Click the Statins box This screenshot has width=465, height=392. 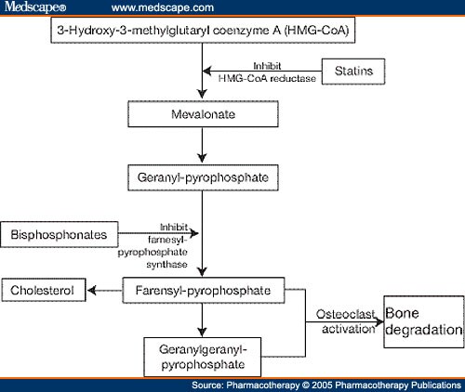tap(353, 72)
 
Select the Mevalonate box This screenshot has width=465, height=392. tap(203, 114)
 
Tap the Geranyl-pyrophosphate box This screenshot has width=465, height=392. tap(203, 177)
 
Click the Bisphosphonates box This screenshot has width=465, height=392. tap(60, 234)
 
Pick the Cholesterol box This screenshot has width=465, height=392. tap(44, 290)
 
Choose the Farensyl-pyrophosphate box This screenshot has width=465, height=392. tap(204, 290)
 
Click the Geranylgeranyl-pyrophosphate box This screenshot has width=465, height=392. tap(203, 357)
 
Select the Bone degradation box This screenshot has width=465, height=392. tap(424, 321)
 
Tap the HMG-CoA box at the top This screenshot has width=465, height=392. tap(203, 30)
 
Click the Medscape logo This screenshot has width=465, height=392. tap(35, 7)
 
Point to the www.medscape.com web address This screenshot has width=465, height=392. tap(163, 7)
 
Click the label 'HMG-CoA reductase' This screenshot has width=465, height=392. tap(267, 78)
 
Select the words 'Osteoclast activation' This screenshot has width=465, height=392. tap(346, 321)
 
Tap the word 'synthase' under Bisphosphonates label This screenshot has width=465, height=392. tap(166, 265)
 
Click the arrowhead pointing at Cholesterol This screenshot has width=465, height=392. tap(91, 291)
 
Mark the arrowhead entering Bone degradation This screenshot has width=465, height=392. tap(379, 322)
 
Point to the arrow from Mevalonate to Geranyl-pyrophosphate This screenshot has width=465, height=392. tap(203, 145)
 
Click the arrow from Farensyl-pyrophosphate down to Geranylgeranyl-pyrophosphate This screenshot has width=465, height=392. tap(203, 320)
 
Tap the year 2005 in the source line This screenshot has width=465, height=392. tap(323, 385)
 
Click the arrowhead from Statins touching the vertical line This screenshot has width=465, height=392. tap(207, 71)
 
